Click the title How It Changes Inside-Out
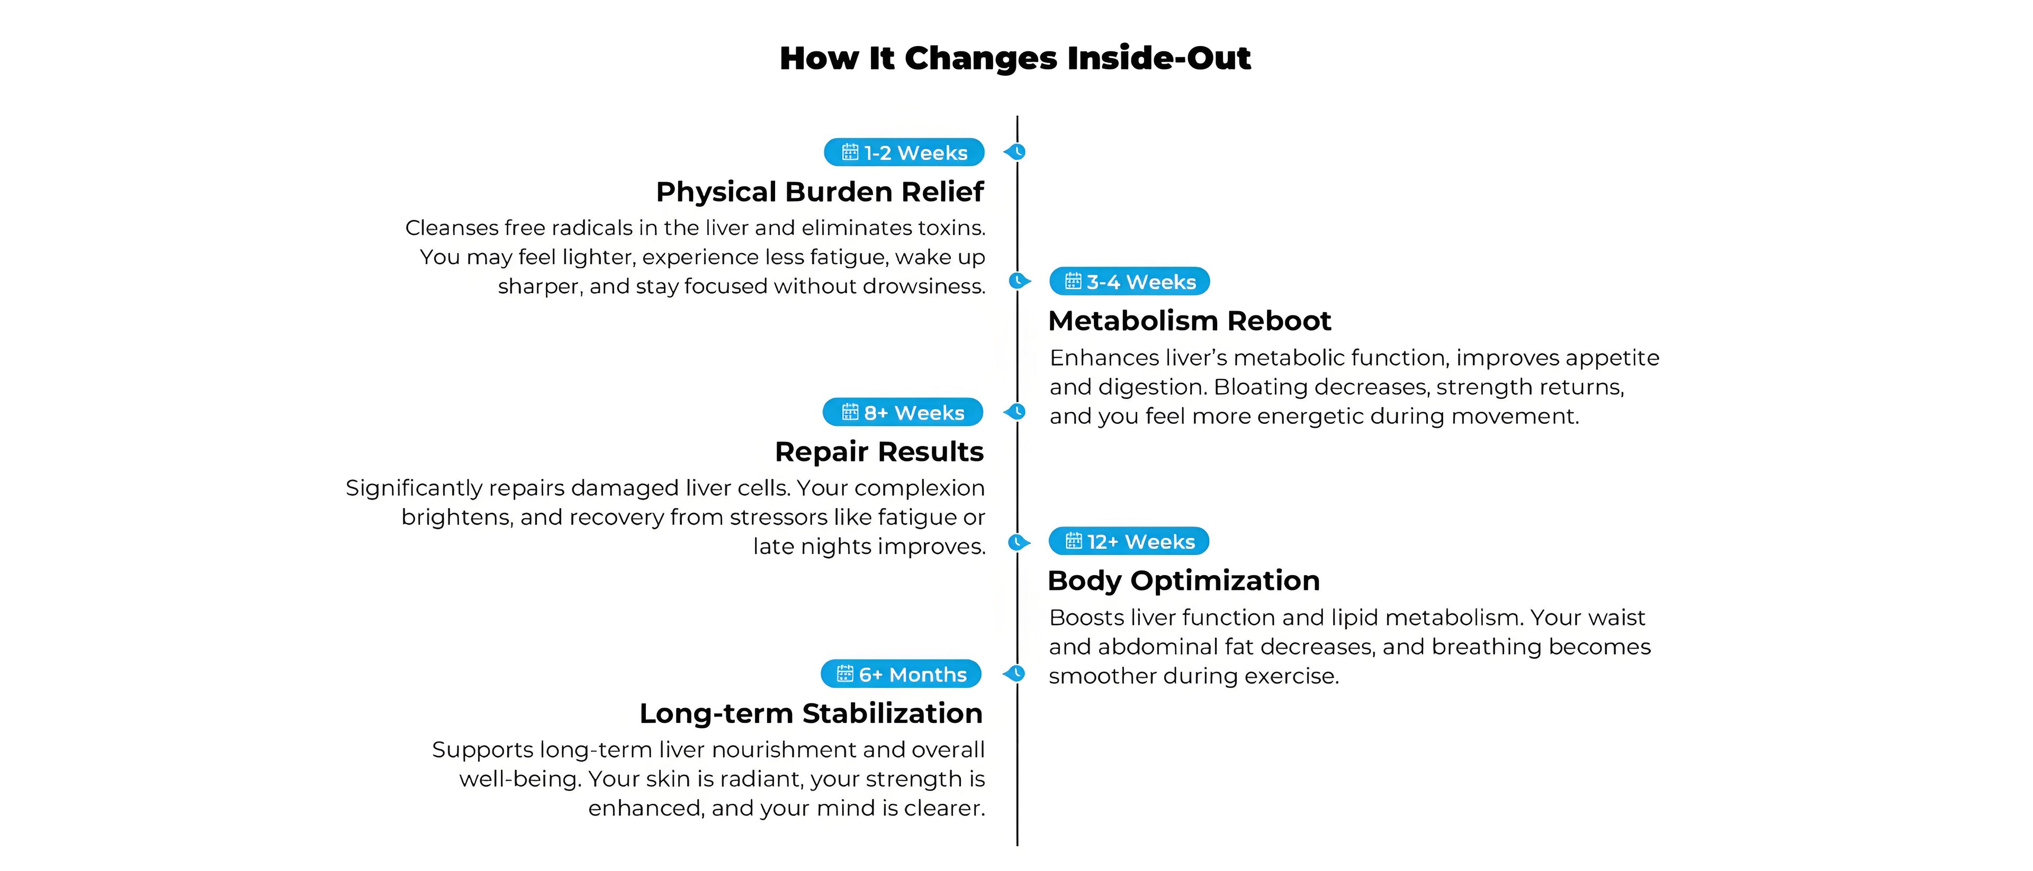[x=1015, y=58]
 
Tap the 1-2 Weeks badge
[x=904, y=152]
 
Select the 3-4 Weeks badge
[x=1129, y=282]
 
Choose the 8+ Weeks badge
[x=903, y=412]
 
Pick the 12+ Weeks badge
[x=1129, y=541]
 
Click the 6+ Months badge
[x=901, y=674]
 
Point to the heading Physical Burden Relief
[x=820, y=192]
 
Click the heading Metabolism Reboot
[x=1189, y=321]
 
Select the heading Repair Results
[x=879, y=451]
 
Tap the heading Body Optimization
[x=1184, y=580]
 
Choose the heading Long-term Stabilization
[x=811, y=713]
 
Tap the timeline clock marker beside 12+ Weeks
[x=1020, y=542]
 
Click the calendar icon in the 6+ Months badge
[x=845, y=674]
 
